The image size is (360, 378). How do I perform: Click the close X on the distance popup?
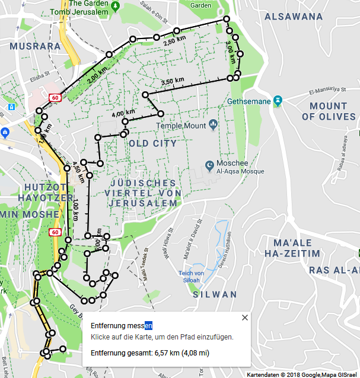pos(245,318)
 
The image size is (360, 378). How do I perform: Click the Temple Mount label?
pos(181,126)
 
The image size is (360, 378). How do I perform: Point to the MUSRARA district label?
pos(35,46)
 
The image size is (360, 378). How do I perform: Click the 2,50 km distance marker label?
pos(174,43)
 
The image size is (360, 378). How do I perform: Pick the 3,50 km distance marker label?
pos(171,82)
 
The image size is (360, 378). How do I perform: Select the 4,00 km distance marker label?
pos(123,113)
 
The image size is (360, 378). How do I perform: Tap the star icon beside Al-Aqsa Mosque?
pos(209,165)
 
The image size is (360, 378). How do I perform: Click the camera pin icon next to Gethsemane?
pos(276,101)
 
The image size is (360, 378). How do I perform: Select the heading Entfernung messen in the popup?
pos(122,325)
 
